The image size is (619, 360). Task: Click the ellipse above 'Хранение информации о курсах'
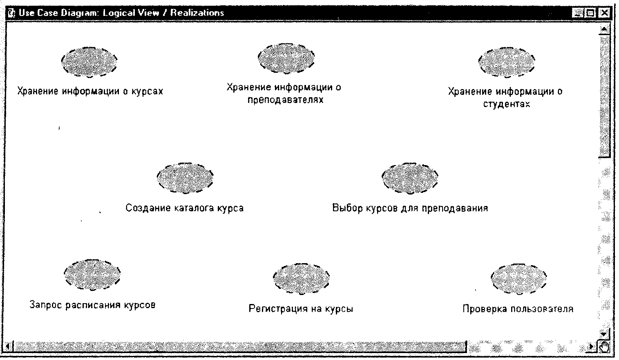point(89,62)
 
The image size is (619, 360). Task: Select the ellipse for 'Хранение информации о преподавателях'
point(286,58)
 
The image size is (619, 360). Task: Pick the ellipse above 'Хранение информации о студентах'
point(507,63)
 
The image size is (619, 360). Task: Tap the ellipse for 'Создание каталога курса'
point(185,178)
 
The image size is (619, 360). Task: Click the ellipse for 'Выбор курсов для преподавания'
point(410,179)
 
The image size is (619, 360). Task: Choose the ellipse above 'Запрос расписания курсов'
point(92,275)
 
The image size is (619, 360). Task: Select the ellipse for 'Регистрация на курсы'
point(301,279)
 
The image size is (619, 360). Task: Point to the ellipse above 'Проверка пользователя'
point(518,279)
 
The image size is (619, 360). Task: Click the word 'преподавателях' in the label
point(286,100)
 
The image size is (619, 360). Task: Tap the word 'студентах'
point(507,104)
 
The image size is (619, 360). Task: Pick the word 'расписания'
point(93,305)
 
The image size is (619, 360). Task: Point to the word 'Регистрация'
point(278,309)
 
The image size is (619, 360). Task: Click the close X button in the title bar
point(605,13)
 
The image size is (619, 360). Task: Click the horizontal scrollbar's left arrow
point(9,346)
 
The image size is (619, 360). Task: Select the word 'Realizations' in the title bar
point(197,13)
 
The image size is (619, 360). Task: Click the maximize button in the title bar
point(591,13)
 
